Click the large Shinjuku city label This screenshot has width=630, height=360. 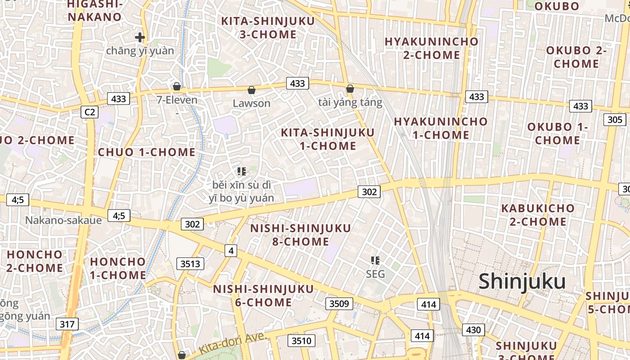[522, 281]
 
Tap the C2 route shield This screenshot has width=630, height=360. [90, 112]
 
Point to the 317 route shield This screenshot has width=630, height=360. [67, 324]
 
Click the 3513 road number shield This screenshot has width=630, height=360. [190, 264]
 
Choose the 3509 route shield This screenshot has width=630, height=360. [339, 303]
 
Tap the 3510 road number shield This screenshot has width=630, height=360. [301, 341]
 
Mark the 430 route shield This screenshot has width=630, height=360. [473, 330]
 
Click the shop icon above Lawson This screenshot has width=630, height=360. [252, 90]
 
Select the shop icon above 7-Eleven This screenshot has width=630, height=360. [177, 86]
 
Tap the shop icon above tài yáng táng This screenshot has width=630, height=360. [350, 89]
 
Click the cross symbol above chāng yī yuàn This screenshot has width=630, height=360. [140, 37]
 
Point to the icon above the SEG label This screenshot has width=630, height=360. [375, 260]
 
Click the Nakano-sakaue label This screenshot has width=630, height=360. [63, 220]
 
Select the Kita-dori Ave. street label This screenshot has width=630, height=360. [233, 344]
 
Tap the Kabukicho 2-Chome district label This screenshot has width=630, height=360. [538, 215]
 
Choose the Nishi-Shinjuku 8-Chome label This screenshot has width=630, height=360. [301, 235]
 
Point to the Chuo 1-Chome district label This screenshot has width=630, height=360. [147, 152]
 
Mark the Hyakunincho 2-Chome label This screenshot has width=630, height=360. [432, 48]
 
